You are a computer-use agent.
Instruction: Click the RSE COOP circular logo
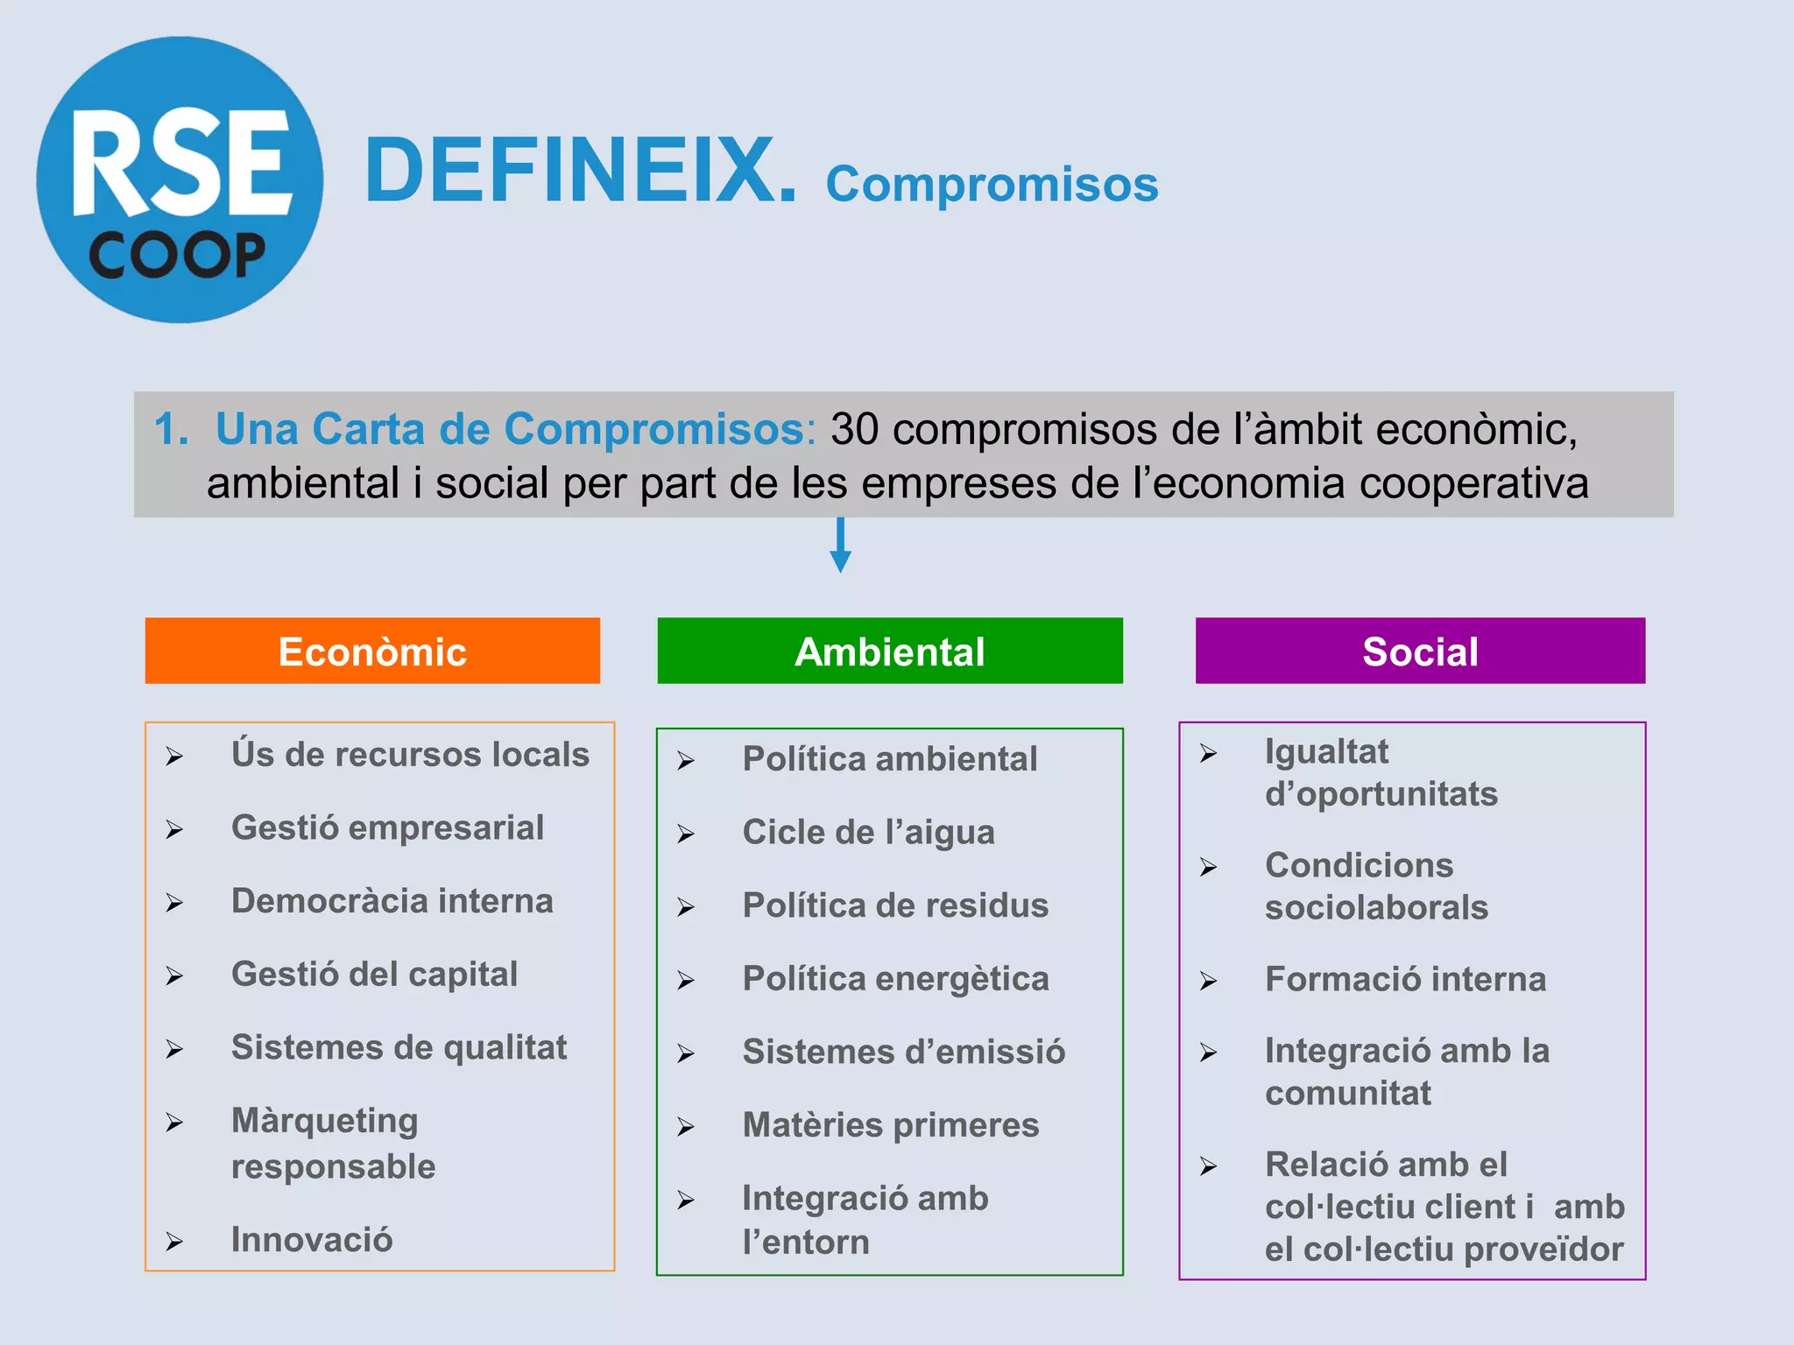[180, 180]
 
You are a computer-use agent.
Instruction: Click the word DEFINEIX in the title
[580, 171]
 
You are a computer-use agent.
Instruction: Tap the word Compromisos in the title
[992, 184]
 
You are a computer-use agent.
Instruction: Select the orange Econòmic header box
[372, 651]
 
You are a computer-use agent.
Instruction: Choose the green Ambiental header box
[889, 651]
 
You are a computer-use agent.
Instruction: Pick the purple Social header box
[1420, 651]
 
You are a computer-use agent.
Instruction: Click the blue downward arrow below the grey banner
[840, 547]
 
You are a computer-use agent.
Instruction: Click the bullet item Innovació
[312, 1240]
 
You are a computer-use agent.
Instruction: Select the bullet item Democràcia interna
[392, 901]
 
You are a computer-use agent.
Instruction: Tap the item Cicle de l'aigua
[868, 832]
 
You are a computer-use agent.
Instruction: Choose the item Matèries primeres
[890, 1125]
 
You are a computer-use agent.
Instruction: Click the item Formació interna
[1405, 979]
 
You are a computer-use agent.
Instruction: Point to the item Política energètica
[895, 979]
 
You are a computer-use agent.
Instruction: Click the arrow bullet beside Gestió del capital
[174, 976]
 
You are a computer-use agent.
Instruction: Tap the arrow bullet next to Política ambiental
[685, 761]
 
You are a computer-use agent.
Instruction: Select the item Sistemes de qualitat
[399, 1047]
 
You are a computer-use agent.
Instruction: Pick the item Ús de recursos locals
[410, 754]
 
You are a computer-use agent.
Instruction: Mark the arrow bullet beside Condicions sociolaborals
[1208, 868]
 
